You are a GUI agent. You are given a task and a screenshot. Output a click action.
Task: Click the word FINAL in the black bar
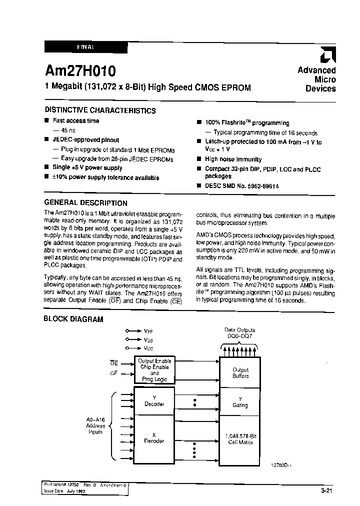(85, 46)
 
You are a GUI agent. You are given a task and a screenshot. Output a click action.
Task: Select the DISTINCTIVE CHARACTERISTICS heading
(100, 110)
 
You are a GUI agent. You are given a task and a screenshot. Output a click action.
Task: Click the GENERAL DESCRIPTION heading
(85, 203)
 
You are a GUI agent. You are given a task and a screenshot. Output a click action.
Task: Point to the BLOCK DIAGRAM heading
(73, 319)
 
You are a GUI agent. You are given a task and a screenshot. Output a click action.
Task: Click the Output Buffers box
(240, 372)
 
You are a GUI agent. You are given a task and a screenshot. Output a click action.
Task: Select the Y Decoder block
(154, 400)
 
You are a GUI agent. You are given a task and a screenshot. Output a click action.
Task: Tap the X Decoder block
(154, 438)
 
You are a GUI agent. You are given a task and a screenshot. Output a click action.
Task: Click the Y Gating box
(240, 402)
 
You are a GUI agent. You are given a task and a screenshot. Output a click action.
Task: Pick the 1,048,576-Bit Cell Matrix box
(240, 439)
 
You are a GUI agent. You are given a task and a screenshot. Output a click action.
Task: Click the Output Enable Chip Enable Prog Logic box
(154, 370)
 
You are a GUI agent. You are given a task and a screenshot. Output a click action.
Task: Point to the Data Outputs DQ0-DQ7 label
(239, 332)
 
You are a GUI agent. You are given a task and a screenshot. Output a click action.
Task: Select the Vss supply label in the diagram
(148, 339)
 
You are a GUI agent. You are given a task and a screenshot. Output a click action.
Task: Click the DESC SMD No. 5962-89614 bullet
(241, 185)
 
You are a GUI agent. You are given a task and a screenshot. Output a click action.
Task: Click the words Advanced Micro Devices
(316, 79)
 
